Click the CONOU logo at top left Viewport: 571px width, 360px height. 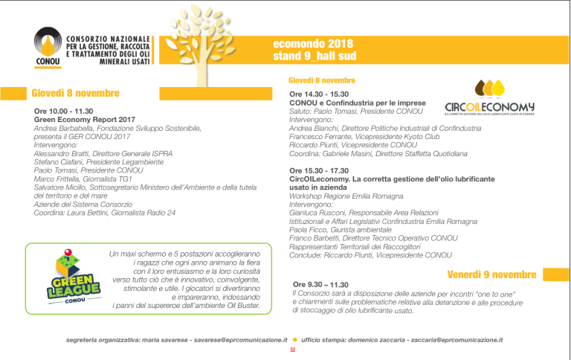point(49,46)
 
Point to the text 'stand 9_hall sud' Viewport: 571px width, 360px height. point(314,56)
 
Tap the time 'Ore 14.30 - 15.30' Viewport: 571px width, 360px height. point(320,94)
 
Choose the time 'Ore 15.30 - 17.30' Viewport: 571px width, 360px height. point(320,171)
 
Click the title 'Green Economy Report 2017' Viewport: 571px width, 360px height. point(85,119)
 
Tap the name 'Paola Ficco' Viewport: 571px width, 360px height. point(307,230)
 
